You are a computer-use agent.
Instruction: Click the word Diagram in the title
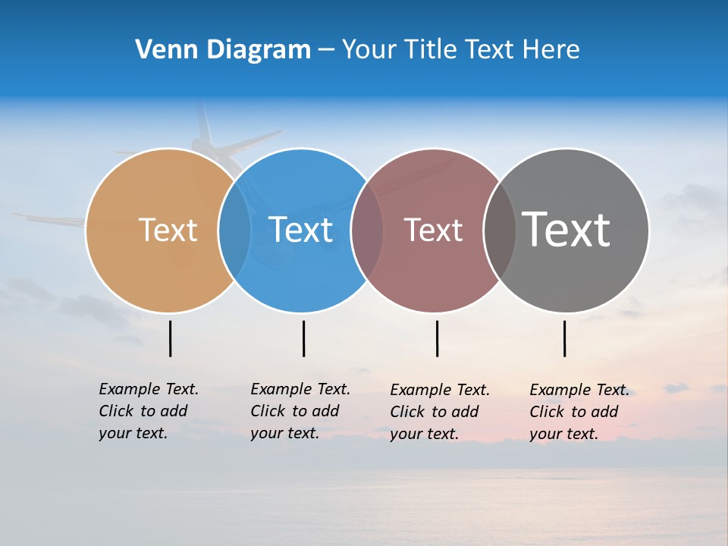click(258, 50)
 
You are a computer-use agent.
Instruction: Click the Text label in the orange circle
click(168, 230)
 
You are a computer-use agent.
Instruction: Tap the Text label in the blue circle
click(300, 230)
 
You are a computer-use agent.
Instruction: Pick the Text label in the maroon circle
click(433, 230)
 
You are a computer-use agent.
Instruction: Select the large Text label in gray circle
click(566, 229)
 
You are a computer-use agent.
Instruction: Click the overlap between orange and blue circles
click(234, 230)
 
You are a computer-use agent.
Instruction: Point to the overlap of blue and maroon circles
click(367, 230)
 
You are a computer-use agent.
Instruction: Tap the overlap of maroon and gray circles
click(500, 230)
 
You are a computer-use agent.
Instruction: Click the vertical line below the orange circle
click(171, 338)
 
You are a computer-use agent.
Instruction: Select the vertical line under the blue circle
click(303, 338)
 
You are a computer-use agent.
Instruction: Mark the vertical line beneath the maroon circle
click(437, 338)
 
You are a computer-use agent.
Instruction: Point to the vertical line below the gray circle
click(565, 338)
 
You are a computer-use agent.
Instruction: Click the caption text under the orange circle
click(148, 411)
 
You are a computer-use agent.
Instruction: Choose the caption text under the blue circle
click(300, 411)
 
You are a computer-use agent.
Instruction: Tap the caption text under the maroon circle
click(439, 412)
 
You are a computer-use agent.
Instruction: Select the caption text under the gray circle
click(579, 412)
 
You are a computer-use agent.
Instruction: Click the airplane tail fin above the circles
click(203, 121)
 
